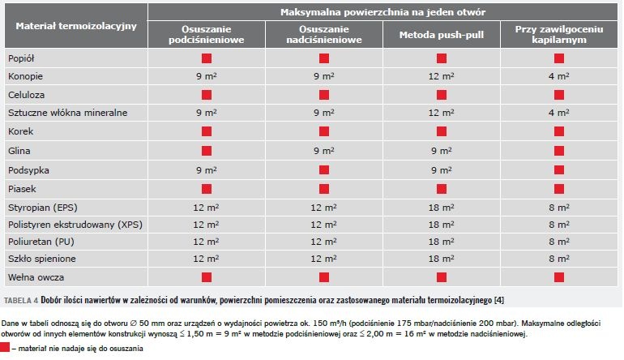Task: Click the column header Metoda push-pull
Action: pyautogui.click(x=442, y=35)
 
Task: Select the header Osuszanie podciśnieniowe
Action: pyautogui.click(x=206, y=34)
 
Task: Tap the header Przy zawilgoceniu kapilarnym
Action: pyautogui.click(x=558, y=34)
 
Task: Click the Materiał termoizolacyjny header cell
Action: pyautogui.click(x=76, y=26)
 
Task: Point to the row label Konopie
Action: pyautogui.click(x=25, y=76)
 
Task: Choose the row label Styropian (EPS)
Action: pyautogui.click(x=43, y=208)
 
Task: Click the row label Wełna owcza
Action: pyautogui.click(x=36, y=277)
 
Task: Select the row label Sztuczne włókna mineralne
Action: pyautogui.click(x=67, y=113)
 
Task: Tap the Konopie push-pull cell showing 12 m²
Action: pyautogui.click(x=442, y=76)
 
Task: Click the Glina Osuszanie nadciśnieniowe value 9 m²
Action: pyautogui.click(x=324, y=151)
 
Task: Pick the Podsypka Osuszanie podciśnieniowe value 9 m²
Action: pyautogui.click(x=206, y=170)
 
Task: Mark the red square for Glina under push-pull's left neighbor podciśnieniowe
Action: pyautogui.click(x=207, y=151)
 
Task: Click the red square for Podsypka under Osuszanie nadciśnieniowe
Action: pyautogui.click(x=324, y=170)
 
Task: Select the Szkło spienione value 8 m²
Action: pyautogui.click(x=559, y=259)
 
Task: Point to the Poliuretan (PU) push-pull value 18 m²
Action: pyautogui.click(x=442, y=242)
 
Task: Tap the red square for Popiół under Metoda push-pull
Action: pyautogui.click(x=442, y=58)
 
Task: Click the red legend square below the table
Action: pyautogui.click(x=5, y=347)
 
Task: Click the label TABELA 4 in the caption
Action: pyautogui.click(x=21, y=301)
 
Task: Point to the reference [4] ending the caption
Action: pyautogui.click(x=499, y=300)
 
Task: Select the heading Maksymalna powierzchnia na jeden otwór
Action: pyautogui.click(x=383, y=12)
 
